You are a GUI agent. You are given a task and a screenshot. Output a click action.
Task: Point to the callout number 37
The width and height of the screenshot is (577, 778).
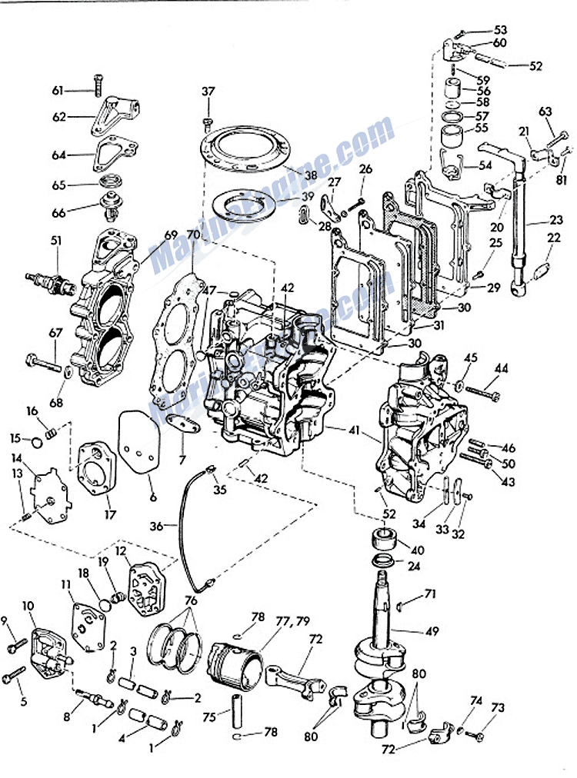[x=208, y=91]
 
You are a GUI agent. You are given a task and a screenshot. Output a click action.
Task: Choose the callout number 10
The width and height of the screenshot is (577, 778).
[x=29, y=607]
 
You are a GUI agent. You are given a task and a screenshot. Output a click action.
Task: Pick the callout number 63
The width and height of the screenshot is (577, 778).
[x=545, y=111]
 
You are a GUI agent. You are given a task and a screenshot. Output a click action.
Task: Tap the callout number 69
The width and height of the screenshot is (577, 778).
[x=171, y=234]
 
